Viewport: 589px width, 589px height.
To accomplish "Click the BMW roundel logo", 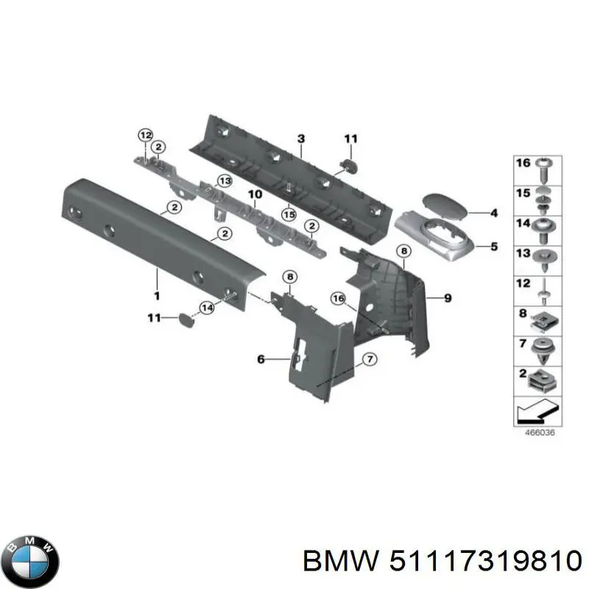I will coord(30,561).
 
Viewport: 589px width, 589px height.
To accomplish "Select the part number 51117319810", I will coord(483,561).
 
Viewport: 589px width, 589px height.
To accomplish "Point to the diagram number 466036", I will coord(538,433).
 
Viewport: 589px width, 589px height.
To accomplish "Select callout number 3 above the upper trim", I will coord(300,138).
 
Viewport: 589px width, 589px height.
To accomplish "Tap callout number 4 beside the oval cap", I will coord(493,214).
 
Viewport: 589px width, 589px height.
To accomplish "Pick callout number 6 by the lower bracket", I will coord(260,359).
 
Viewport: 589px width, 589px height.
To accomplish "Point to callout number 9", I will coord(447,297).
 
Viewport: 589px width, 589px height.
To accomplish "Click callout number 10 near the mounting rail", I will coord(254,195).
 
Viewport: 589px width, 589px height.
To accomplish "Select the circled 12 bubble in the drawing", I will coord(145,135).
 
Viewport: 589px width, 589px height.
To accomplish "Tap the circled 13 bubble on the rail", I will coord(224,180).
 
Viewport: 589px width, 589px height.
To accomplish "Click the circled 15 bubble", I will coord(289,214).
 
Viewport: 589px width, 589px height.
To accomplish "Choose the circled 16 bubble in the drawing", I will coord(338,298).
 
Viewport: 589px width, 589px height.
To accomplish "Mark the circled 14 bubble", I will coord(208,307).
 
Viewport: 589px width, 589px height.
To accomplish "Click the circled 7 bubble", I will coord(370,359).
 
